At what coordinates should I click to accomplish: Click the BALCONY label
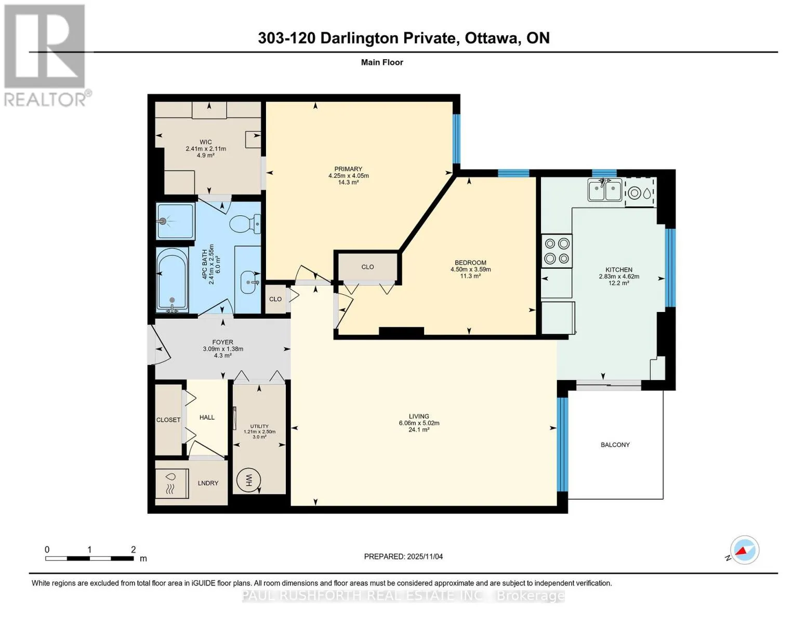615,445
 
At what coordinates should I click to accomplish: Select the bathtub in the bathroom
172,279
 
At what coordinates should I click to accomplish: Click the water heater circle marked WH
248,480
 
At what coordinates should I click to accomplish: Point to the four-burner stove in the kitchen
557,251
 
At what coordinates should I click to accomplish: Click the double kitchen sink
604,190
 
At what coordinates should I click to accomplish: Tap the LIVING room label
419,416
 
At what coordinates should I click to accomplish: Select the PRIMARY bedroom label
348,168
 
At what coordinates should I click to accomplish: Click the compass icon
745,550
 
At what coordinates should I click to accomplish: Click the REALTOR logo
46,56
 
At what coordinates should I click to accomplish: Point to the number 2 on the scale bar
134,549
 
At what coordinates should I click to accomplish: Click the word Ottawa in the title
492,38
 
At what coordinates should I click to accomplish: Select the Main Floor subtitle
382,62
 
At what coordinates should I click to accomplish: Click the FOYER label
223,342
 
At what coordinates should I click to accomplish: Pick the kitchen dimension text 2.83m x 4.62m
619,277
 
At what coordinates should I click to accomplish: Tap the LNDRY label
208,483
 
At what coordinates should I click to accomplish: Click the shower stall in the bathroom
175,221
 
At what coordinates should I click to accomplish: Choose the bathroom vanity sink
248,282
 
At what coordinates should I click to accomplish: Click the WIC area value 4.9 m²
206,155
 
